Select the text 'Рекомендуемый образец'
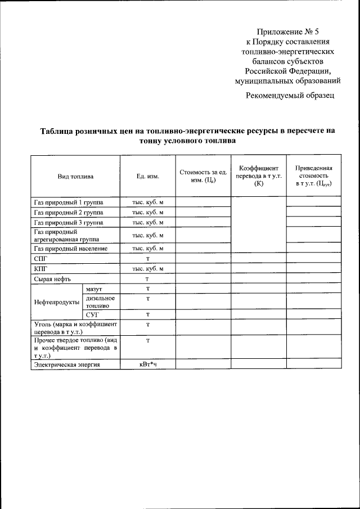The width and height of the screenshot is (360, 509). click(290, 95)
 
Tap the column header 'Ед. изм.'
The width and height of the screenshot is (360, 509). click(148, 176)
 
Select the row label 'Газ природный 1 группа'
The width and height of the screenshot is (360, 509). click(68, 202)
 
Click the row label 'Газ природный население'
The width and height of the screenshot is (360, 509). click(70, 248)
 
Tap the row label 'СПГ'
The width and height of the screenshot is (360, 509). click(40, 259)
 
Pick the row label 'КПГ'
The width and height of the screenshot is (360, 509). click(40, 268)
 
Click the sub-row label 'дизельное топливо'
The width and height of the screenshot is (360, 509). click(101, 301)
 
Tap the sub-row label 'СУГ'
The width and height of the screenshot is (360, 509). click(92, 314)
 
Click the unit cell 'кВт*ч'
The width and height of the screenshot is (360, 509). click(148, 364)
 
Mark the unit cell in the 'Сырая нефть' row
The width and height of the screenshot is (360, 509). click(148, 279)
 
